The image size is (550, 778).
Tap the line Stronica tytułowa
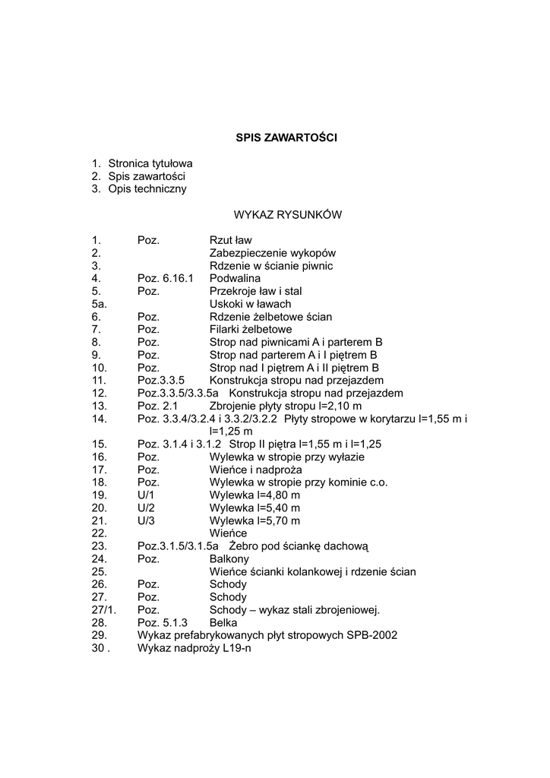(x=150, y=163)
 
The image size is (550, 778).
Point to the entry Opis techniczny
(x=147, y=189)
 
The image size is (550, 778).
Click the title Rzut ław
(x=230, y=240)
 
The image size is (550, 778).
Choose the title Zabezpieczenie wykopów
(x=272, y=253)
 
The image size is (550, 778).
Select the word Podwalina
(x=234, y=279)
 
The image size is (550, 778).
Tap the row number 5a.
(x=98, y=304)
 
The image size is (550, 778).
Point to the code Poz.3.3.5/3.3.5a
(x=178, y=394)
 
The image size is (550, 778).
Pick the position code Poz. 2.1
(x=157, y=406)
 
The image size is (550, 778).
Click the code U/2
(x=146, y=508)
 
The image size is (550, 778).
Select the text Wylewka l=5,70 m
(x=254, y=520)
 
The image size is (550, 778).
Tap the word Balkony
(x=229, y=558)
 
